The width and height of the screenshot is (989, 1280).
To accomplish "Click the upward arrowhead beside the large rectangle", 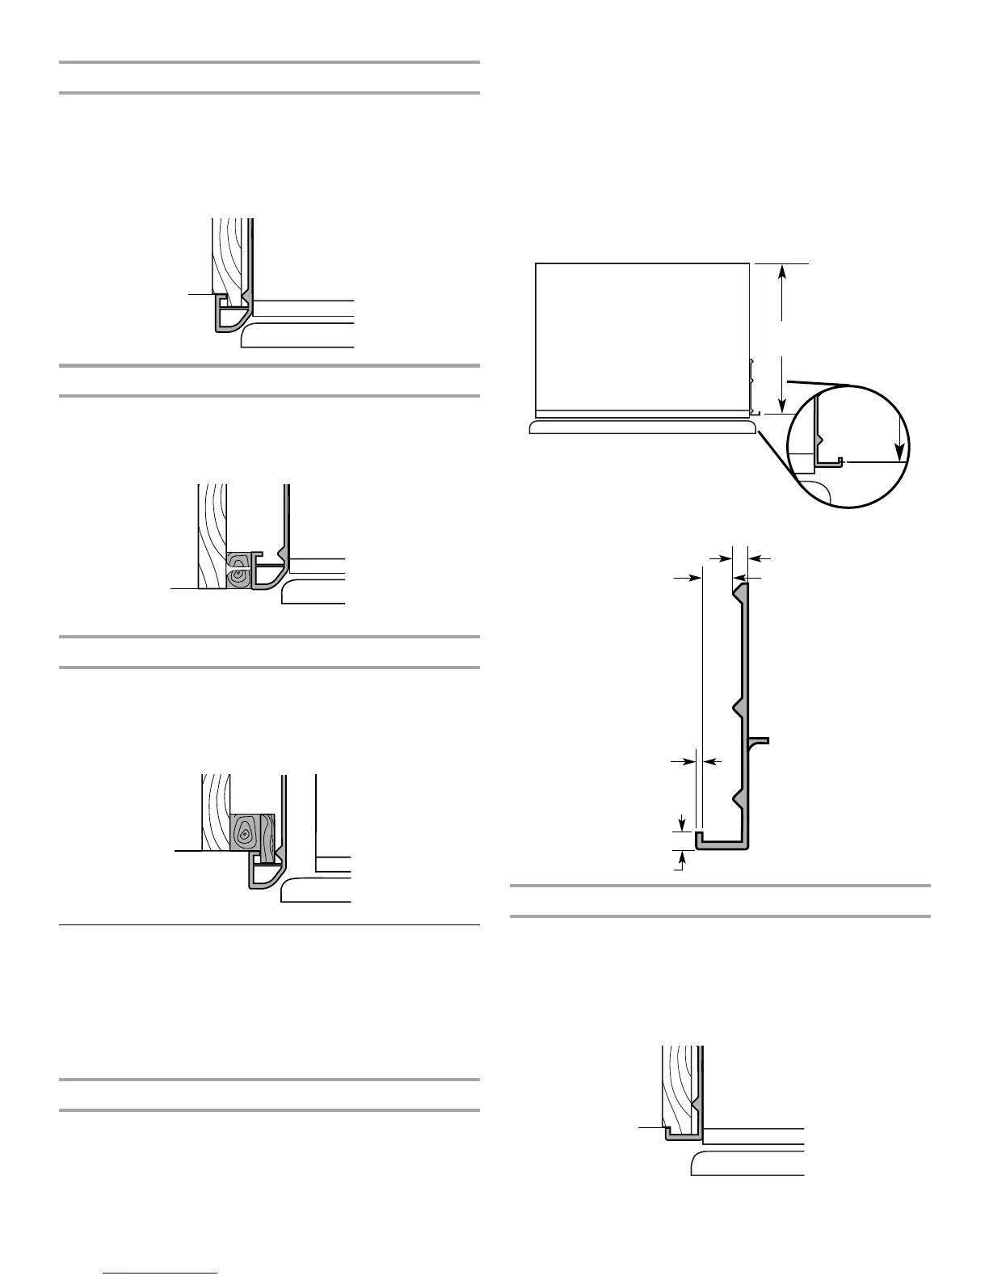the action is tap(781, 273).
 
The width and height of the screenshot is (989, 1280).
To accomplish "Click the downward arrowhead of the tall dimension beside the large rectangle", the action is tap(781, 404).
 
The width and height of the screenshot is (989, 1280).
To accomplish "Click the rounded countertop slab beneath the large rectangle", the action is tap(642, 426).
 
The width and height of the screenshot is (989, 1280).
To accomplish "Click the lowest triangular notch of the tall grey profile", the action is tap(738, 799).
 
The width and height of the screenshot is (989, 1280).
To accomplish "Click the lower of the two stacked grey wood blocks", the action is tap(238, 577).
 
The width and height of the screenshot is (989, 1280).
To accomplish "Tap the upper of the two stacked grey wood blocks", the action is tap(238, 560).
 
